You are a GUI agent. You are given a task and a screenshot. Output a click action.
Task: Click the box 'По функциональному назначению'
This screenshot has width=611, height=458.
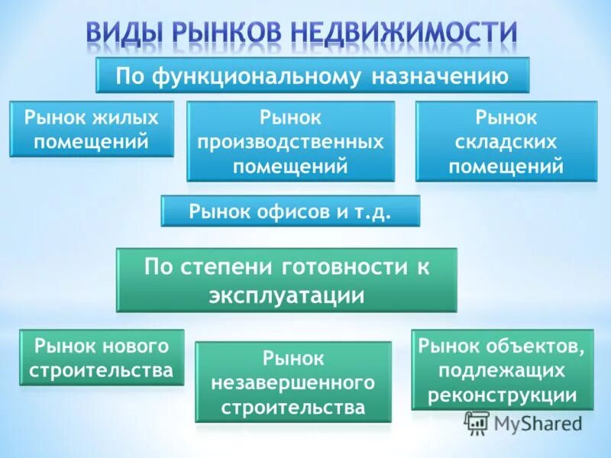[x=312, y=76]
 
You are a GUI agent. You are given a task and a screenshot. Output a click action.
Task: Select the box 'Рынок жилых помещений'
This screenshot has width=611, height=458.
[x=92, y=129]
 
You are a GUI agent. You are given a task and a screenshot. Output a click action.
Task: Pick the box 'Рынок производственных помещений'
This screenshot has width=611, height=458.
[x=291, y=141]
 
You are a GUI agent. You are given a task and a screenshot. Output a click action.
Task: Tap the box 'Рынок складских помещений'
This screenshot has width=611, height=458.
[x=506, y=141]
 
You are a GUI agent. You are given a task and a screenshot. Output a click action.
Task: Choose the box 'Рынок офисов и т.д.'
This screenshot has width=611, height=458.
[x=290, y=211]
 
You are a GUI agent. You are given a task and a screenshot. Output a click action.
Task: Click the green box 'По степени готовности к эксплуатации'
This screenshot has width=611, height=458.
[x=286, y=280]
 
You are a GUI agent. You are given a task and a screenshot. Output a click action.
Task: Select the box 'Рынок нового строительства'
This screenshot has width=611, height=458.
[x=102, y=357]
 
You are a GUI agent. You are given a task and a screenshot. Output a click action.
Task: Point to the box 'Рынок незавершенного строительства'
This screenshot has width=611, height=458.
[x=293, y=382]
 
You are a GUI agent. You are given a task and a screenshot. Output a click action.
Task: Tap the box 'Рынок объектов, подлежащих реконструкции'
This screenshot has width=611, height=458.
[x=502, y=370]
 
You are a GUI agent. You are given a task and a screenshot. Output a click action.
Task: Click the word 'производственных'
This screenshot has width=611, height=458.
[x=291, y=142]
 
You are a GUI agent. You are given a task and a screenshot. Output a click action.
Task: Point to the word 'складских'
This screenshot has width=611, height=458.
[x=506, y=142]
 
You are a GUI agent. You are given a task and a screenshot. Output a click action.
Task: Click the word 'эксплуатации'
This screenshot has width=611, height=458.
[x=286, y=295]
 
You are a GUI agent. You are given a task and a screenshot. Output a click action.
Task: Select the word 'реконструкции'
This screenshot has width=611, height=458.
[x=502, y=395]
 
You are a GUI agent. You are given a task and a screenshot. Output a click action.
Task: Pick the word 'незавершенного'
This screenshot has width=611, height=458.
[x=293, y=382]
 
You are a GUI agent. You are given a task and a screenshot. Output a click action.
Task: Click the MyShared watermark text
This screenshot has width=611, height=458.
[x=538, y=422]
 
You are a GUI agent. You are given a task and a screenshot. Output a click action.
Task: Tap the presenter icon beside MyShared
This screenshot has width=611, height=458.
[x=477, y=422]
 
